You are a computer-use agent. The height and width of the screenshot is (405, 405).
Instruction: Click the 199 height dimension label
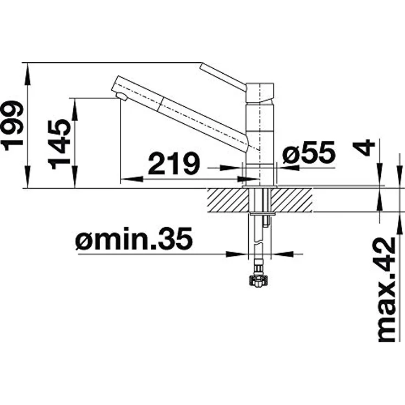[x=13, y=125]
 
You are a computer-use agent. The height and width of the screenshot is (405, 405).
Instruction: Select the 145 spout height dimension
[x=59, y=144]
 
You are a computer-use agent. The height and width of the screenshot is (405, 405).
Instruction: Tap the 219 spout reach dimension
[x=174, y=163]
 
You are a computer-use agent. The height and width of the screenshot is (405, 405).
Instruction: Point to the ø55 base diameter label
[x=309, y=152]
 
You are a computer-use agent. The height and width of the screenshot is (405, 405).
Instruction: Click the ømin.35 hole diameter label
[x=134, y=239]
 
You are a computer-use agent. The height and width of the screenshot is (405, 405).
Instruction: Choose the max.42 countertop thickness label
[x=387, y=290]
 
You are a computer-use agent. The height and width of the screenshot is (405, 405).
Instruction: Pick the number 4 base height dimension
[x=364, y=147]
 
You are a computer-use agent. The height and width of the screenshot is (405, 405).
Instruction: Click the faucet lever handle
[x=223, y=76]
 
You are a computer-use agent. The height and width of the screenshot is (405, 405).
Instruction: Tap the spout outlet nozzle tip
[x=122, y=97]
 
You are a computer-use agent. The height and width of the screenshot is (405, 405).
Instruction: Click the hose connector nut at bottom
[x=259, y=281]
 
